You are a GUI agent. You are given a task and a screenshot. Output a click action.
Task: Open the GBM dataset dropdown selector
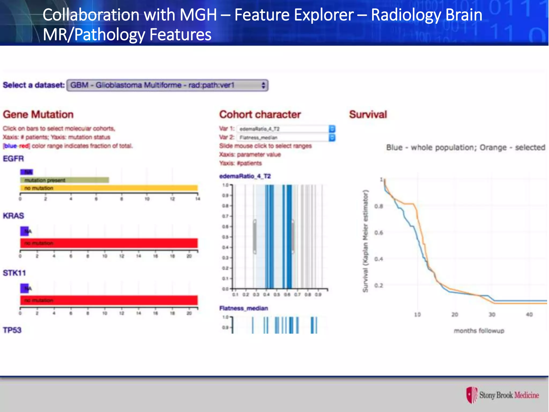tap(167, 85)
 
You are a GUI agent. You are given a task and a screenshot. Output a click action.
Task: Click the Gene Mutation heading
tap(38, 115)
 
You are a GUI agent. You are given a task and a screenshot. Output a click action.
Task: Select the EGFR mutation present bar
tap(64, 180)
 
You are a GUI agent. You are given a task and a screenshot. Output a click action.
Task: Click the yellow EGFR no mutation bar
tap(109, 188)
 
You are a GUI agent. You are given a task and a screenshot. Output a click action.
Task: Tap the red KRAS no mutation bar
tap(109, 243)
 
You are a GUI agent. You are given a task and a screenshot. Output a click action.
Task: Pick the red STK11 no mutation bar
tap(109, 300)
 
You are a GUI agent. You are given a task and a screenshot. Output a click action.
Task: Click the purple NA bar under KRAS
tap(24, 231)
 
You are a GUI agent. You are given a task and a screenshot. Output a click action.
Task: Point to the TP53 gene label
tap(12, 330)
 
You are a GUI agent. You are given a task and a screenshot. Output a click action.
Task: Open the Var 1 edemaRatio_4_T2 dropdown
tap(286, 129)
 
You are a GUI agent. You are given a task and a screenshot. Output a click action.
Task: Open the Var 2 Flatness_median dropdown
tap(286, 138)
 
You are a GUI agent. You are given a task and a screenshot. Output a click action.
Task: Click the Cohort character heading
tap(260, 115)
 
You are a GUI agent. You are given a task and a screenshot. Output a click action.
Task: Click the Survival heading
tap(368, 115)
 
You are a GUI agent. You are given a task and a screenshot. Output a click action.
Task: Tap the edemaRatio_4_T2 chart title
tap(245, 176)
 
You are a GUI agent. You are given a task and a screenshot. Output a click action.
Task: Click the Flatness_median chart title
tap(243, 308)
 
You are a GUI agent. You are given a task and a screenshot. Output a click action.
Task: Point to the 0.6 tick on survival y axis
tap(379, 233)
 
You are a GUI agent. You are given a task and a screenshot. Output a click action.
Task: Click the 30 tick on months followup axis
tap(492, 314)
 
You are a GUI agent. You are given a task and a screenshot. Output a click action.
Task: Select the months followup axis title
tap(479, 331)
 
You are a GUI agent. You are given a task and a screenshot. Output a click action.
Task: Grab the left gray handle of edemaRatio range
tap(255, 237)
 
